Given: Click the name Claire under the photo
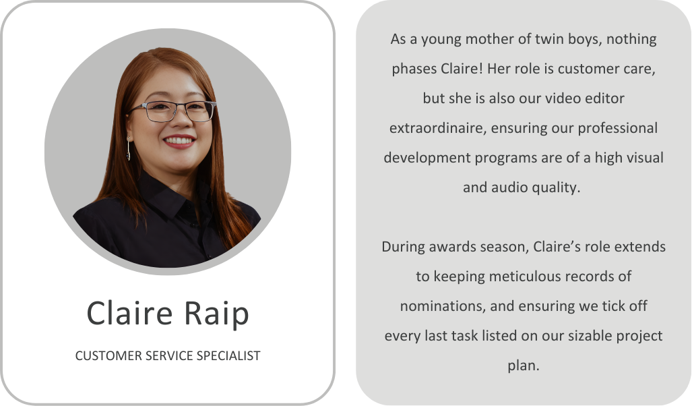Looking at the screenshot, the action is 129,313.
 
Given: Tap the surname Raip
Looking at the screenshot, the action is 216,314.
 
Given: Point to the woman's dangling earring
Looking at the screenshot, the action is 129,149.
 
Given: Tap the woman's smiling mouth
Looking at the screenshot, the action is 179,142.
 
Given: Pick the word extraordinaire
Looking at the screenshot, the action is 438,128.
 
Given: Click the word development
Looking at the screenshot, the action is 427,158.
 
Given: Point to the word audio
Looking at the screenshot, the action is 509,187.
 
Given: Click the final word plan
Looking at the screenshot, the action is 524,366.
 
